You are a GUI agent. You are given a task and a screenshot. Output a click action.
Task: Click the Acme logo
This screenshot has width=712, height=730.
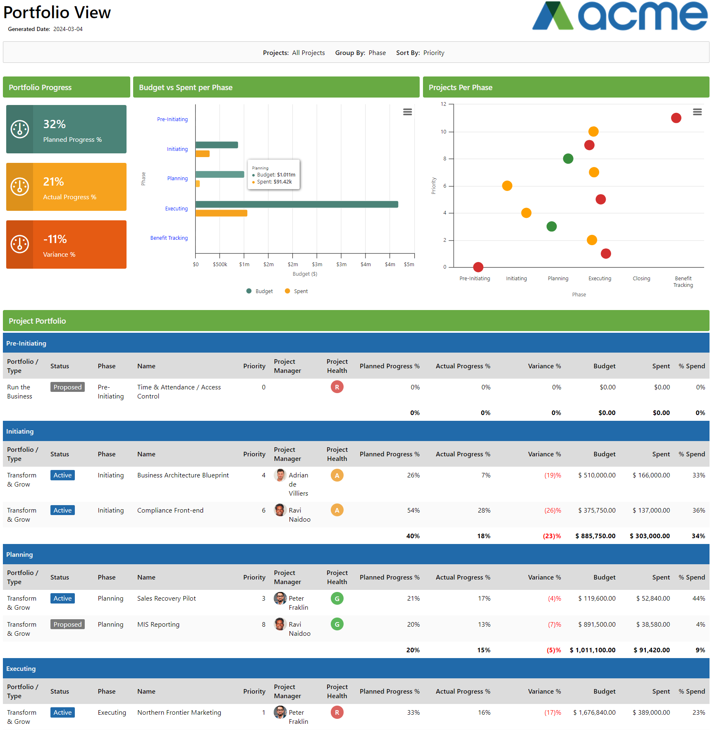[619, 16]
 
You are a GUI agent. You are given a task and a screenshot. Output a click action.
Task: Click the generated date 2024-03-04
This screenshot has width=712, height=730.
[68, 29]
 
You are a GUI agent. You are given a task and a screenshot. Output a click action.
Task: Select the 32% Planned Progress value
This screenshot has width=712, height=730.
[55, 124]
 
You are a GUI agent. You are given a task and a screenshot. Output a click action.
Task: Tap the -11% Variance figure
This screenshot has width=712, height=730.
[55, 239]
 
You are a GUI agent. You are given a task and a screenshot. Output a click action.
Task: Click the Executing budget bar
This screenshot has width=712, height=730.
[296, 204]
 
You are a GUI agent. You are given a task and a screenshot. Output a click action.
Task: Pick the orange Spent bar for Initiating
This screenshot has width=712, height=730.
[203, 154]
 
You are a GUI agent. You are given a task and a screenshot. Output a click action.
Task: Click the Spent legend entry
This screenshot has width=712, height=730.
[296, 291]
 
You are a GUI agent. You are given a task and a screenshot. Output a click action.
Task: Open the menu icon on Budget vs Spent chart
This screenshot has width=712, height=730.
[407, 112]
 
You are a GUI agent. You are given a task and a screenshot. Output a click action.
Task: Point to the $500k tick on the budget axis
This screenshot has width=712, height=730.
[220, 264]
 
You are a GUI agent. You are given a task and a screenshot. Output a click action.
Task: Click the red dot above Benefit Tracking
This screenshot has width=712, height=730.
[676, 118]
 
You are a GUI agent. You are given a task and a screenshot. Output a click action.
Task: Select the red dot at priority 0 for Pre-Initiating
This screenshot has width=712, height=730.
[478, 267]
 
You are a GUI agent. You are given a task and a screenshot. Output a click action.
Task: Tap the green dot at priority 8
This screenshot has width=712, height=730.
[568, 159]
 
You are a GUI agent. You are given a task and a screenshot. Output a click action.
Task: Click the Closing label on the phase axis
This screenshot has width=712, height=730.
[641, 279]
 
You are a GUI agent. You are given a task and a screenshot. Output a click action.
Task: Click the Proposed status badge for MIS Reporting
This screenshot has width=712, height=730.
[67, 624]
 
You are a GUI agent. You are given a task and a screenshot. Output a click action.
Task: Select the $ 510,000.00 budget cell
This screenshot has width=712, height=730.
[597, 475]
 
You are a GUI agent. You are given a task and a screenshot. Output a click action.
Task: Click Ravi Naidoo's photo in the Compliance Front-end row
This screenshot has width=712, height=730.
[280, 510]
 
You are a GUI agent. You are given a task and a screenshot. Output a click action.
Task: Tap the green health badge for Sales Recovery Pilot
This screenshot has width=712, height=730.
[337, 599]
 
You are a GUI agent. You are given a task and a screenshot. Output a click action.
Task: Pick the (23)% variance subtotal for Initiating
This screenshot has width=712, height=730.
[552, 536]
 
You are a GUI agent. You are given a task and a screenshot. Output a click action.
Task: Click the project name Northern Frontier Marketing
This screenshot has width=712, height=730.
[179, 713]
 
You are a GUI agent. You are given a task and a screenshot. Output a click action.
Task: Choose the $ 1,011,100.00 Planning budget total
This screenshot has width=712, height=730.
[592, 650]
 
